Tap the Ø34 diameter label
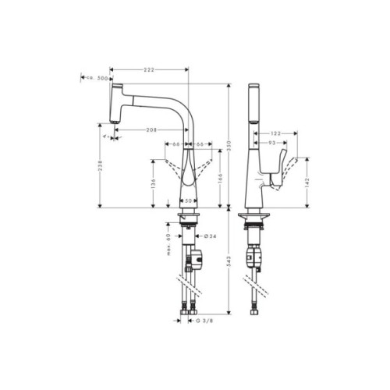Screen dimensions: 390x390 click(209, 236)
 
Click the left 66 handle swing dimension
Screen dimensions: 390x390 click(176, 144)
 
